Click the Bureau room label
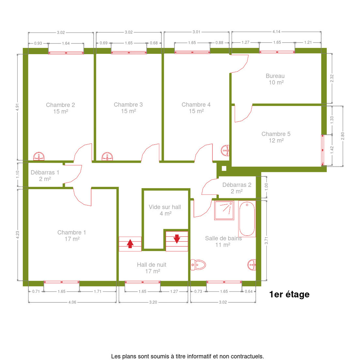(275, 76)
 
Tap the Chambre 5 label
(276, 134)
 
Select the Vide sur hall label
(165, 207)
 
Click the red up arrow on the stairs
(130, 244)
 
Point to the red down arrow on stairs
(177, 239)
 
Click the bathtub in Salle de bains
(247, 219)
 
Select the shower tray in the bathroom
(224, 211)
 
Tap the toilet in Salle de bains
(198, 265)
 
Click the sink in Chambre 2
(39, 156)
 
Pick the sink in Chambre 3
(107, 156)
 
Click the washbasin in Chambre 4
(225, 150)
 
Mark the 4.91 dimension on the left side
(17, 107)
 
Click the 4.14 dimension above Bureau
(276, 32)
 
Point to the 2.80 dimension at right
(343, 136)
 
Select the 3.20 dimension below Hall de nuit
(153, 302)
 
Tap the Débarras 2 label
(237, 185)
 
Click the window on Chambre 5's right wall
(322, 150)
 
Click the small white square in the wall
(224, 168)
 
